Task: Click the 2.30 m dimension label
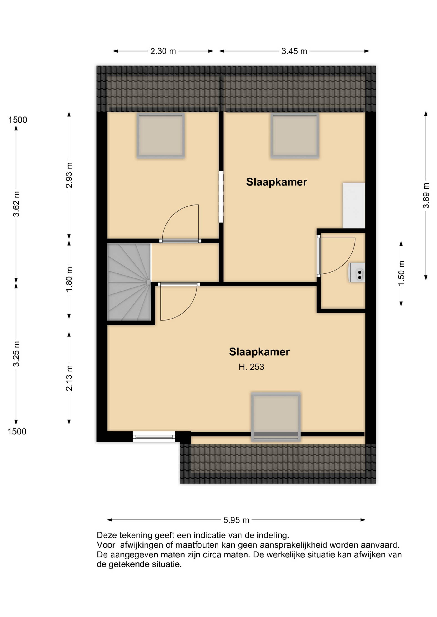click(163, 51)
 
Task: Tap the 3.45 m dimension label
click(294, 51)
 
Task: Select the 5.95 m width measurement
click(236, 520)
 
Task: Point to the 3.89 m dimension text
click(426, 195)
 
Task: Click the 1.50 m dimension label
click(401, 273)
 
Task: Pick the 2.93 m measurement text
click(69, 175)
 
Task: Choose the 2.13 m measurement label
click(69, 378)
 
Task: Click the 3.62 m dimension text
click(16, 204)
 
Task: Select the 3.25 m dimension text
click(16, 354)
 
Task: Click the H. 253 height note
click(251, 367)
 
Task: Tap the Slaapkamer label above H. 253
click(259, 352)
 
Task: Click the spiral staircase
click(129, 282)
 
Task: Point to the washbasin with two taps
click(357, 273)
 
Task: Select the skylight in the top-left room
click(161, 136)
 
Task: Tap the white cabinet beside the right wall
click(354, 206)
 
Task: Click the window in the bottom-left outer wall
click(154, 437)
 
